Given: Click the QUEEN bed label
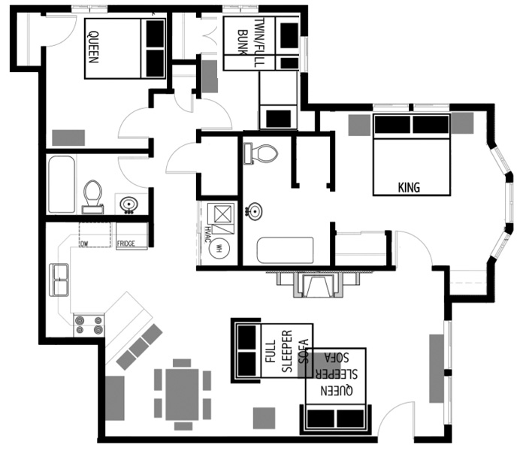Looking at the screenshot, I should (93, 47).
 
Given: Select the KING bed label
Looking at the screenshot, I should (408, 187).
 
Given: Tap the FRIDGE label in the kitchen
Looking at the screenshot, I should (131, 244).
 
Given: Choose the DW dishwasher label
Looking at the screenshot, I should (83, 244).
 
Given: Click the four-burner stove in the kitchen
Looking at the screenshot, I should (89, 325).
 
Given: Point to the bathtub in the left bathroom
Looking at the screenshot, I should (62, 184).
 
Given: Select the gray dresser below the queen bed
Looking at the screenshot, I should (68, 138).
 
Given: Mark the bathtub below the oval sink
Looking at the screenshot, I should (285, 250).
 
